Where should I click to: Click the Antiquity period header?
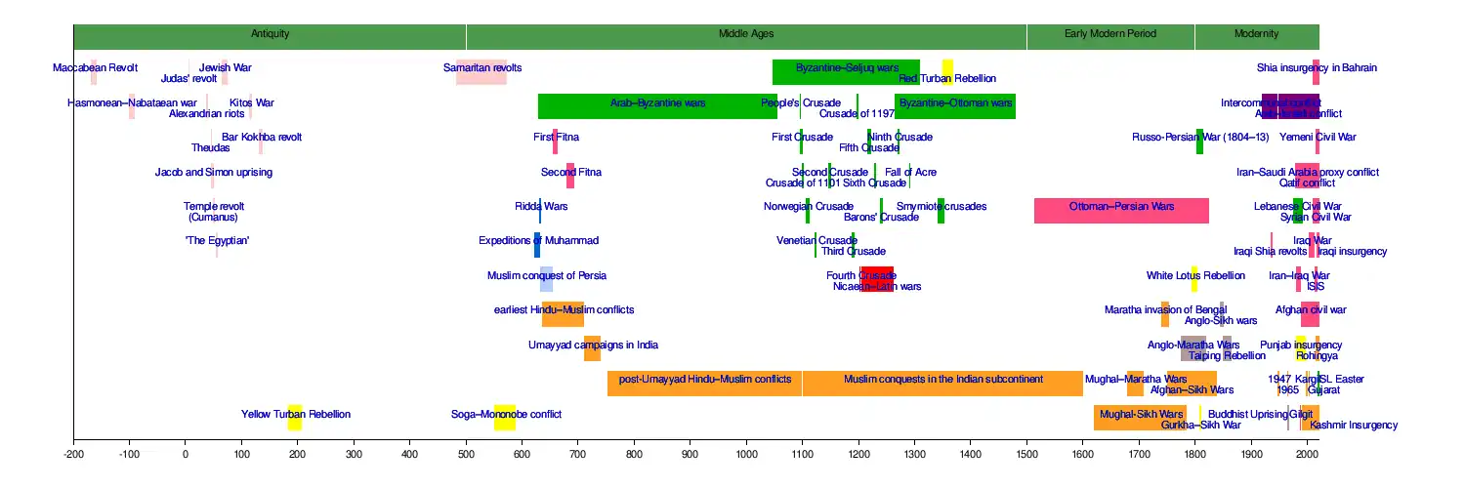pos(270,34)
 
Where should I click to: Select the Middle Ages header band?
pos(746,34)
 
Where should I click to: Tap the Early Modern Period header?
pos(1110,34)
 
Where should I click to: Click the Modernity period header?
pos(1256,34)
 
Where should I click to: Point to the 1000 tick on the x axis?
pos(746,455)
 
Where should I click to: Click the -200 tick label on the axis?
pos(73,455)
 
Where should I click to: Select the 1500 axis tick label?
pos(1026,455)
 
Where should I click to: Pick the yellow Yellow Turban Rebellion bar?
pos(294,418)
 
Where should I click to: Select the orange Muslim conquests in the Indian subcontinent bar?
pos(942,384)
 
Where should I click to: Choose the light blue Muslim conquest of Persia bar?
pos(546,280)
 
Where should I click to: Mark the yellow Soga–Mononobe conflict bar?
pos(504,418)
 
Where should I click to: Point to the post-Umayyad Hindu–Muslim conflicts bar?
pos(704,384)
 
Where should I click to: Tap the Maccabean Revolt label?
pos(95,68)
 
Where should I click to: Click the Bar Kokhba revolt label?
pos(262,138)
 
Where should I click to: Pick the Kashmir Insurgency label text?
pos(1354,426)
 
